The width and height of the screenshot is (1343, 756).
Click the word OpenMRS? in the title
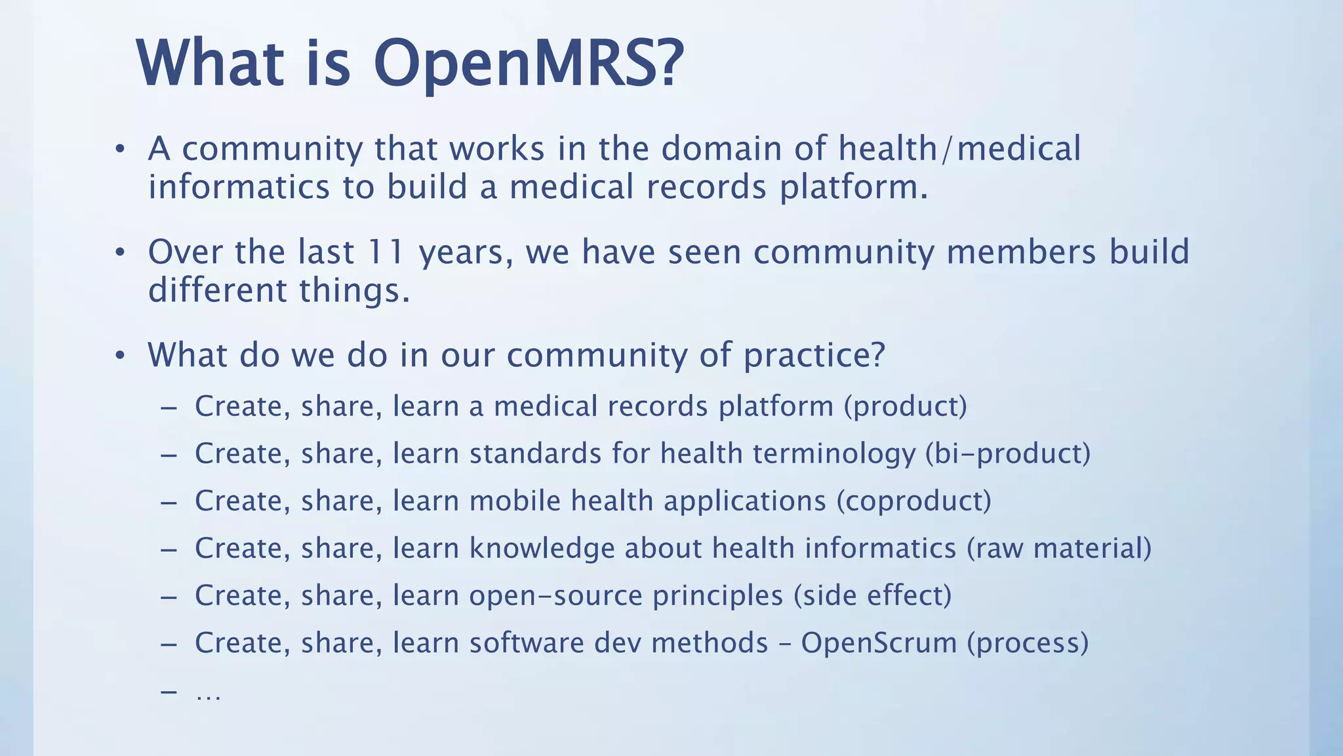click(529, 64)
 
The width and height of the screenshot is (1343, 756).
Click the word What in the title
click(210, 64)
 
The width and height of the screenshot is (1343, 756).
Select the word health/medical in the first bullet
click(959, 148)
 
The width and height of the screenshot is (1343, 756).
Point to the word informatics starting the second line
click(239, 187)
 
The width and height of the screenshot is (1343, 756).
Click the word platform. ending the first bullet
click(854, 188)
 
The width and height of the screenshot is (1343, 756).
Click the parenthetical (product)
click(905, 407)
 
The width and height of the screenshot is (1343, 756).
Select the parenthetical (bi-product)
click(1007, 454)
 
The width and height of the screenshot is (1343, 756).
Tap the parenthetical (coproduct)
click(913, 501)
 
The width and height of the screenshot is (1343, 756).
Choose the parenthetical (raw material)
click(1058, 549)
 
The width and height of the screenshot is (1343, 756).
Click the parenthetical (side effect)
click(872, 596)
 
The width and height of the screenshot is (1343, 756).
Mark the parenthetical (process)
click(1028, 643)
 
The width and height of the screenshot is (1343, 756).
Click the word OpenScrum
click(879, 643)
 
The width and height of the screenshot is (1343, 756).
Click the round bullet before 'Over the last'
click(119, 253)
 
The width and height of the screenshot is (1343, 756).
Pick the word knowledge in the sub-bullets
click(542, 549)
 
